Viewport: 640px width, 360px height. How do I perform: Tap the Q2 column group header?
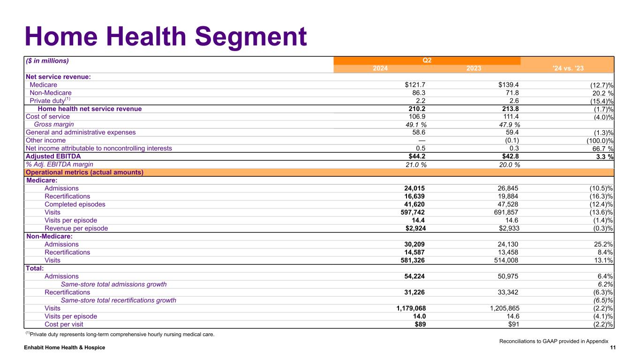427,60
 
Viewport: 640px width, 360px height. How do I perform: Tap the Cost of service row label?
48,117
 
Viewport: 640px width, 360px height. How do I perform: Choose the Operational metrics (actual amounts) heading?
84,172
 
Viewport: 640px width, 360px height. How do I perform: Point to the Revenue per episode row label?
76,228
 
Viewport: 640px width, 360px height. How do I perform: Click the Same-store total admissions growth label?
113,285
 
